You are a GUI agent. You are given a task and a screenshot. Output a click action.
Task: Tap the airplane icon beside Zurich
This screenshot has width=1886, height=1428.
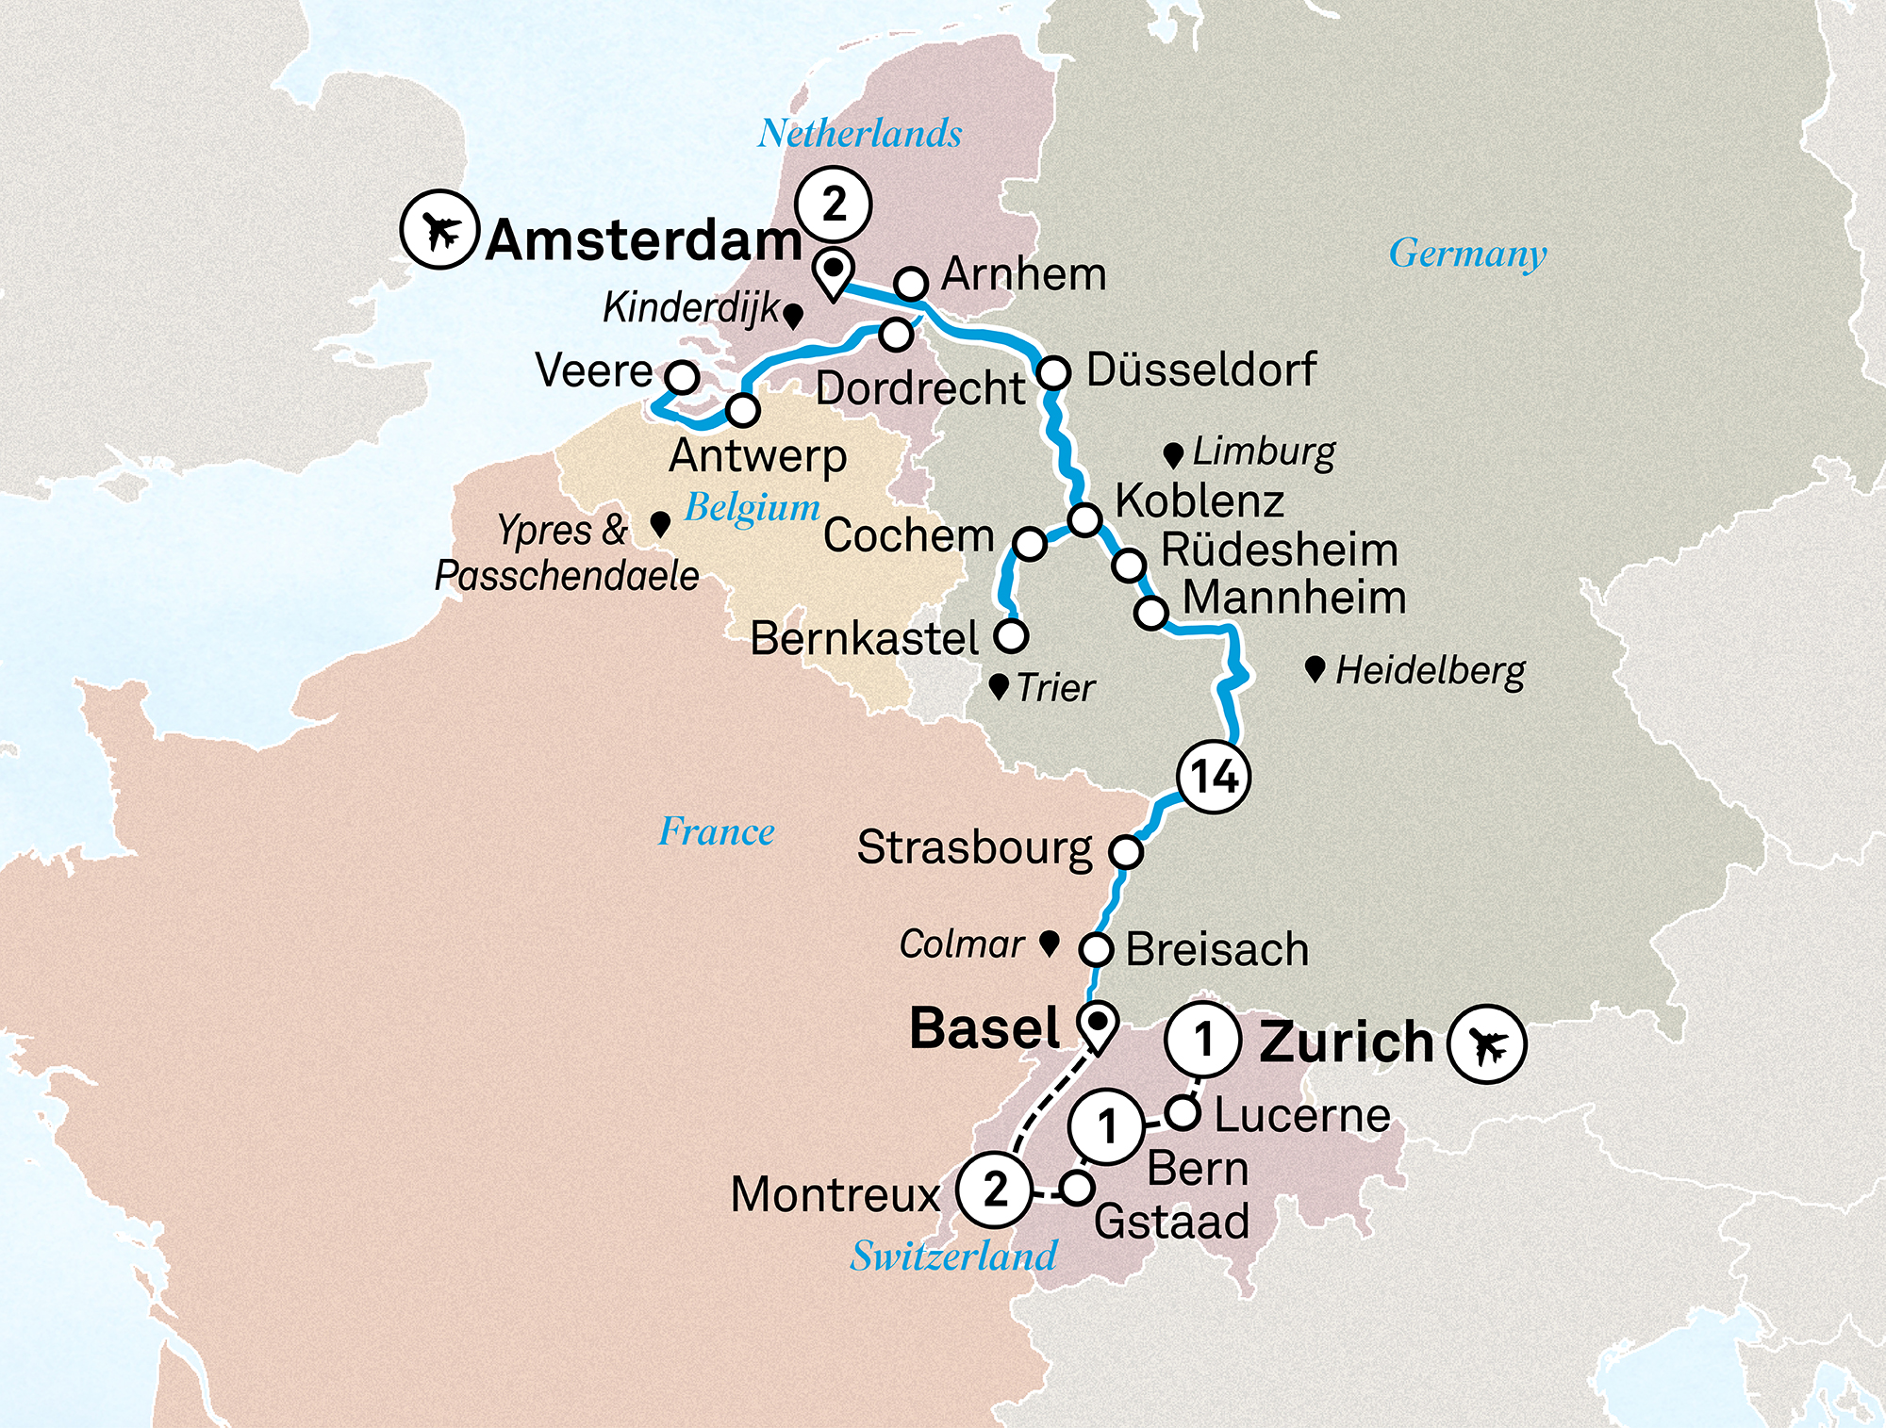(1487, 1043)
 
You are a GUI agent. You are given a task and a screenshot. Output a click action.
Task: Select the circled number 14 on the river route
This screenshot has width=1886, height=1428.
(1214, 777)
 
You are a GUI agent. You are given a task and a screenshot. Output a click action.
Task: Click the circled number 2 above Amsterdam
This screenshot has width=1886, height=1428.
(833, 204)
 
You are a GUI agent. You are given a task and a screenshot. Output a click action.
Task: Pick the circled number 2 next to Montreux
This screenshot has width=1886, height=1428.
(994, 1190)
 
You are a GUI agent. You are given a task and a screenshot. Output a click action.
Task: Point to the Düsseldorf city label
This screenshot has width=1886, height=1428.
(1200, 369)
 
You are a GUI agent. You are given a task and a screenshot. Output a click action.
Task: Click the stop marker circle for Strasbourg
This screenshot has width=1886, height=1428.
(1126, 851)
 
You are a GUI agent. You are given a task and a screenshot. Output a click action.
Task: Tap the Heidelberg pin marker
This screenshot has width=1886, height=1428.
(1315, 669)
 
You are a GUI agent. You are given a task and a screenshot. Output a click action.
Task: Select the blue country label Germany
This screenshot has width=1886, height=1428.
(1467, 254)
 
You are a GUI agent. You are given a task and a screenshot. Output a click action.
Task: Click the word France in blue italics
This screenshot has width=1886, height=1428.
(717, 831)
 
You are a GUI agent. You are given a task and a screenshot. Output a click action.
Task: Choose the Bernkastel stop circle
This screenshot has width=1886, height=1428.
(1011, 636)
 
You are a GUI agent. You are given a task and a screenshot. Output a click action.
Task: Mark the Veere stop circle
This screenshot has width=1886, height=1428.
(682, 377)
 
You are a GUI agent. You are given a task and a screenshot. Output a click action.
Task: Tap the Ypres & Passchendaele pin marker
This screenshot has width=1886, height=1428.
(661, 524)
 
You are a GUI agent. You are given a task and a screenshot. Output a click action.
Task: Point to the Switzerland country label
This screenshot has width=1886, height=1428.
(953, 1256)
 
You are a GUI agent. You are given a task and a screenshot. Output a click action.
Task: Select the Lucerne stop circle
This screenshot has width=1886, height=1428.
(1183, 1112)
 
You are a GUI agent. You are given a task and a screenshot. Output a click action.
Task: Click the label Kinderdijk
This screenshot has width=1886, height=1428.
(691, 307)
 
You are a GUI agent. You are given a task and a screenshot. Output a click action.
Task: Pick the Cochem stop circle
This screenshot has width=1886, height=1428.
(1029, 544)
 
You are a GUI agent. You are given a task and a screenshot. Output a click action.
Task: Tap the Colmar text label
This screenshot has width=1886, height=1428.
(961, 944)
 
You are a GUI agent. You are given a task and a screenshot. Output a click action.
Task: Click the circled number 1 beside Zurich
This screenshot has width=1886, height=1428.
(1202, 1040)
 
